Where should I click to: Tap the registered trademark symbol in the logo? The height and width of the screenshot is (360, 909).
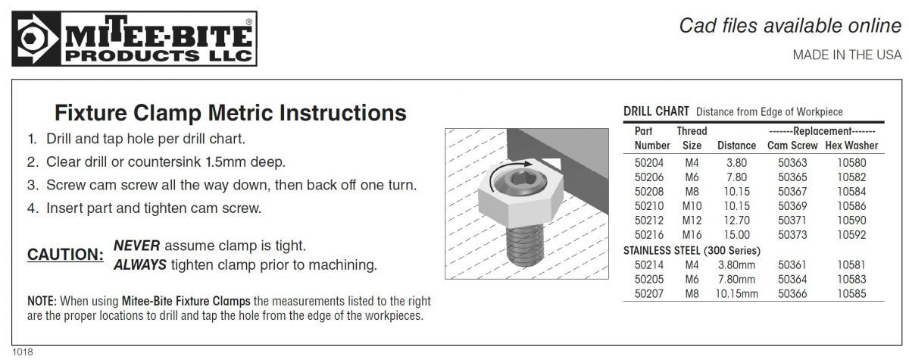tap(248, 21)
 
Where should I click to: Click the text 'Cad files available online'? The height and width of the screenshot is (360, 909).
tap(790, 26)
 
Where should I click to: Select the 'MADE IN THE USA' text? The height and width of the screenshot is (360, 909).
tap(847, 55)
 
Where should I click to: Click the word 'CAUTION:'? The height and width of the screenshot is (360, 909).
tap(65, 255)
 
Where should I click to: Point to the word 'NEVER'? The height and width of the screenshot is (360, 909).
tap(136, 246)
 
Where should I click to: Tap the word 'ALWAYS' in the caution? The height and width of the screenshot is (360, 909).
tap(140, 265)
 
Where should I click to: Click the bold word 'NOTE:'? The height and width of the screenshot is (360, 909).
tap(42, 301)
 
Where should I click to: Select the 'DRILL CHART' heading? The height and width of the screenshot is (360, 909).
tap(656, 111)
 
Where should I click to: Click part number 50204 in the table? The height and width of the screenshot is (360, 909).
tap(649, 163)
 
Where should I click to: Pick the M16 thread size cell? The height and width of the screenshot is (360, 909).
tap(692, 235)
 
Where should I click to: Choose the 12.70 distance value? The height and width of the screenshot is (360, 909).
tap(736, 221)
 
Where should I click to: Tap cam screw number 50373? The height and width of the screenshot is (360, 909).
tap(792, 235)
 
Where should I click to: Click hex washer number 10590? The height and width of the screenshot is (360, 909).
tap(851, 221)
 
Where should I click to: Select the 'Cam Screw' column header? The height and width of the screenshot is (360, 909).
tap(792, 146)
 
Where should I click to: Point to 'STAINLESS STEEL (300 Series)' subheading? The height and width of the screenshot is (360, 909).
tap(692, 250)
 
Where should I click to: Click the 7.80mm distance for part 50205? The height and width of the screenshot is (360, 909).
tap(736, 279)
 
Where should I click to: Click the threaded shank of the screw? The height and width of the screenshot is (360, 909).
tap(525, 246)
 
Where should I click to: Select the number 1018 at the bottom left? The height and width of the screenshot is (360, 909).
tap(22, 352)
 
